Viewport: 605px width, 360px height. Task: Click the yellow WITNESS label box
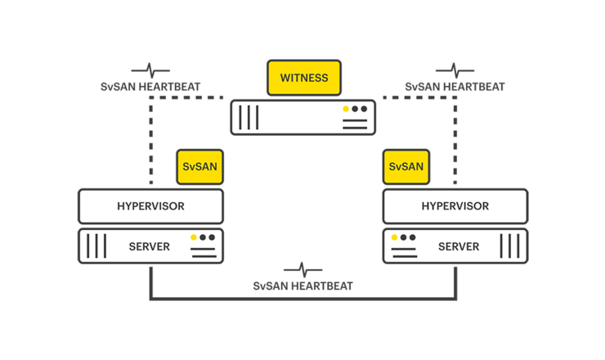303,79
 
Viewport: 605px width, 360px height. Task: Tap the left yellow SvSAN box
200,167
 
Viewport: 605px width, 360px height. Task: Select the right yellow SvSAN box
406,167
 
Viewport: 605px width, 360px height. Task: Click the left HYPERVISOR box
150,206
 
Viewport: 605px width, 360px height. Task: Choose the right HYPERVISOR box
455,206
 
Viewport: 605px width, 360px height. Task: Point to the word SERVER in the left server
150,246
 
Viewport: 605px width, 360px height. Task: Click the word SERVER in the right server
459,246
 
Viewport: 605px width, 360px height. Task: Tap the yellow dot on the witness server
346,109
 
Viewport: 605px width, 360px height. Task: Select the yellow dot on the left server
194,237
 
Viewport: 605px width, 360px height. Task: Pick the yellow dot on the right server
394,237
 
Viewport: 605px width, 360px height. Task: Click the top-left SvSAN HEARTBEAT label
150,86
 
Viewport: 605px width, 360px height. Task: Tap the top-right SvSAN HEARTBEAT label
455,86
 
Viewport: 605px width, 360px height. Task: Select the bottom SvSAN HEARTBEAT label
302,286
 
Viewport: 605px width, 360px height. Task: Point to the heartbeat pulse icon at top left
150,70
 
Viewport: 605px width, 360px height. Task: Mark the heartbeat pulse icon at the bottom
302,269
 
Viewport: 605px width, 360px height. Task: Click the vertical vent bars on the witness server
249,117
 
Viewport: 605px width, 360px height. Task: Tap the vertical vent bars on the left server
97,246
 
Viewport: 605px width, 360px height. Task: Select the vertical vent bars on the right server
509,246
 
